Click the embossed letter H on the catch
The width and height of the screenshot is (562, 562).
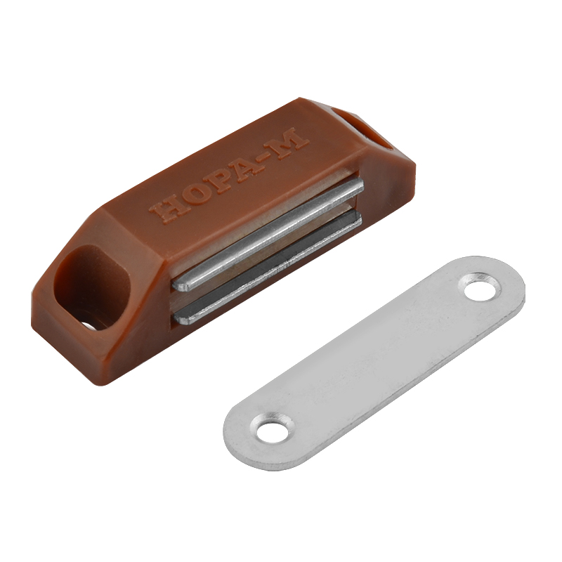[165, 210]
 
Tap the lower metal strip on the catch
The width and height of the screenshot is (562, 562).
[268, 266]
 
